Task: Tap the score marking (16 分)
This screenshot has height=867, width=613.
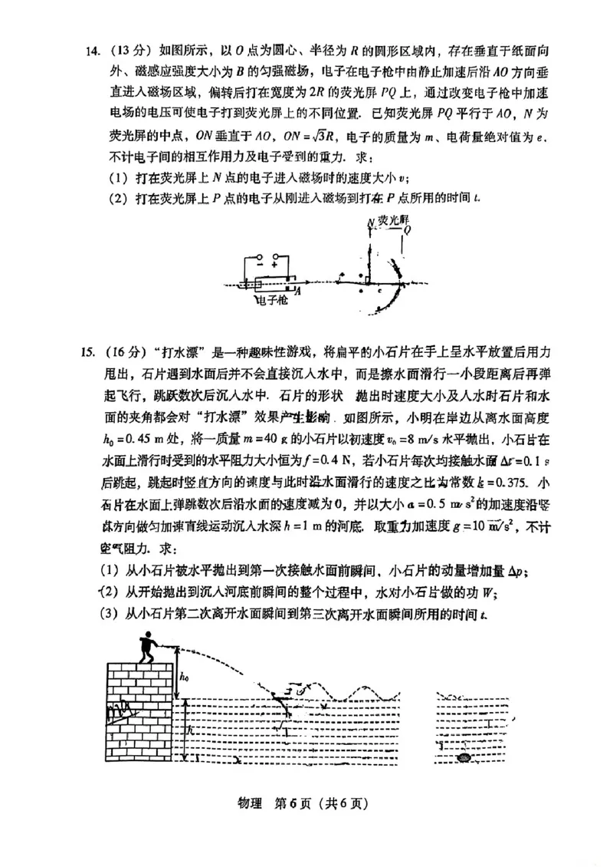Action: coord(130,352)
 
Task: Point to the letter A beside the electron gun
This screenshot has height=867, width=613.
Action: coord(297,291)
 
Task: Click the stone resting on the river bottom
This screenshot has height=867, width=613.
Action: coord(464,758)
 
